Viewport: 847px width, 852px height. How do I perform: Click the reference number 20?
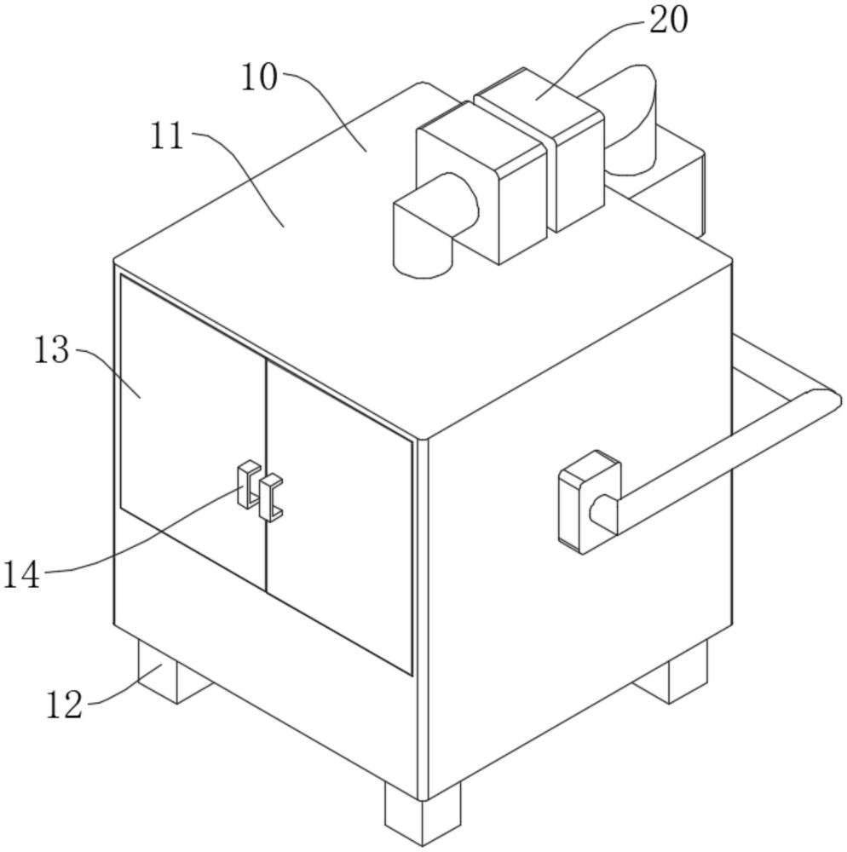click(x=669, y=20)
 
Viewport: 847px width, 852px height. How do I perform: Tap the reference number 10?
click(x=259, y=77)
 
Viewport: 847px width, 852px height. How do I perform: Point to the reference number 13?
click(x=52, y=349)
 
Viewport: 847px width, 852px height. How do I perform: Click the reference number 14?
click(x=22, y=575)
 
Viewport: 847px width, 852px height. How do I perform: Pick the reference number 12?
click(x=64, y=705)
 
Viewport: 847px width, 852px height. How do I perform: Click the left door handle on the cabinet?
click(x=249, y=484)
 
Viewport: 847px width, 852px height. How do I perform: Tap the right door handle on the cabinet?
click(x=271, y=498)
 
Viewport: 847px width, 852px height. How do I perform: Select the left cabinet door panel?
click(x=193, y=433)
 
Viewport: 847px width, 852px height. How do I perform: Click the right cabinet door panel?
click(x=339, y=516)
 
